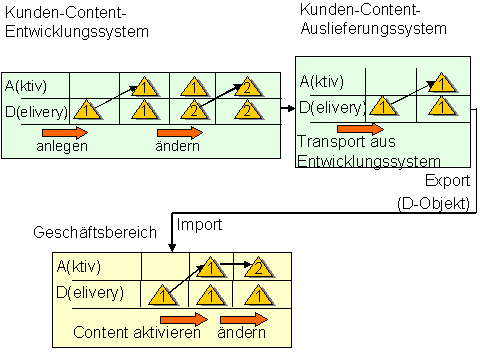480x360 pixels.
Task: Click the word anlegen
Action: [63, 146]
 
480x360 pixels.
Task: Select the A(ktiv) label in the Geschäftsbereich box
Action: [86, 267]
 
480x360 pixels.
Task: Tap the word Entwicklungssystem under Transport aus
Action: [369, 161]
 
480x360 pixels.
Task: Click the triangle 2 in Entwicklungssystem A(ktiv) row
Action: [245, 87]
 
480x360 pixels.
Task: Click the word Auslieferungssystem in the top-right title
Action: [372, 28]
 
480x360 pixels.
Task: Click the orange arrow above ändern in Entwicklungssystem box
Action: [180, 131]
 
